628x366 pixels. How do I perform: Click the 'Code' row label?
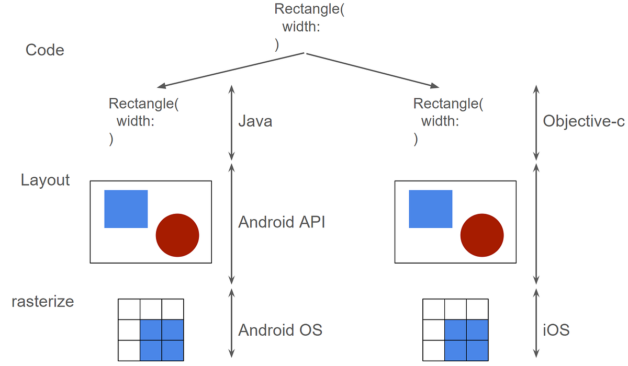[45, 50]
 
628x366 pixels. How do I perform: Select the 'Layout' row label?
[45, 180]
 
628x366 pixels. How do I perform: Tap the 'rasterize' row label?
[43, 302]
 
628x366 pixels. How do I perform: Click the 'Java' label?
[255, 122]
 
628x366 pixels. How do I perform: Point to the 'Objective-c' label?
[584, 121]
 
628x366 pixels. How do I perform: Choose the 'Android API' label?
[282, 222]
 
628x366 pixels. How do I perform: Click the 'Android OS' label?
[280, 330]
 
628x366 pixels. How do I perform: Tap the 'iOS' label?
[556, 330]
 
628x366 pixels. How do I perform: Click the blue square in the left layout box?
[126, 209]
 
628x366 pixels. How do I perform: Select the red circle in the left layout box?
[177, 235]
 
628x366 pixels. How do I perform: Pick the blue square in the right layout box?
[430, 209]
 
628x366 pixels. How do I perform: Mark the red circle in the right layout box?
[482, 235]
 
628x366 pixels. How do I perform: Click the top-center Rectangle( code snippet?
[309, 10]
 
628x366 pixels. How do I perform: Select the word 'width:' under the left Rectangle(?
[135, 122]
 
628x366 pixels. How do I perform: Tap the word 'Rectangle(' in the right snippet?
[448, 104]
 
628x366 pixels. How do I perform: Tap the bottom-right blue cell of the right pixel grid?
[477, 350]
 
